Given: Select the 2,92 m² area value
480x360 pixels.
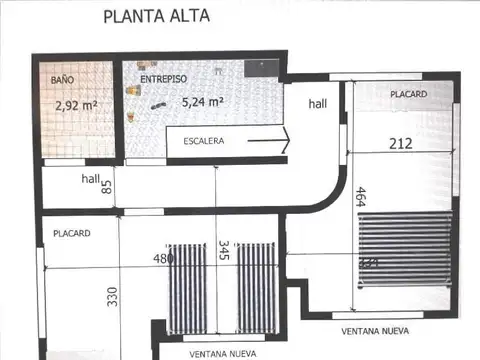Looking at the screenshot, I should (x=77, y=103).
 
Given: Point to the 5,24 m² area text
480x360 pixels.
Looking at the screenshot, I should (x=202, y=101).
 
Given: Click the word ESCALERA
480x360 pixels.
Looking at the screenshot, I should (x=203, y=141).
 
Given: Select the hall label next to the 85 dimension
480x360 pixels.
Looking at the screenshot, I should (x=91, y=179).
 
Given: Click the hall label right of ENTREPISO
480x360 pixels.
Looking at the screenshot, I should (x=317, y=104).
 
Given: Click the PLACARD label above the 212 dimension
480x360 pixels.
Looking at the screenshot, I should (x=408, y=95).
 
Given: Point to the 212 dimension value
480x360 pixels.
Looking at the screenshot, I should (x=402, y=143).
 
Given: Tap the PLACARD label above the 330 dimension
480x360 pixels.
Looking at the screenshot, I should (x=72, y=233).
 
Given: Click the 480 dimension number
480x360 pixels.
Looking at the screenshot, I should (x=163, y=258).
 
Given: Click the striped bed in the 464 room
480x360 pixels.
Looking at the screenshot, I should (x=405, y=250).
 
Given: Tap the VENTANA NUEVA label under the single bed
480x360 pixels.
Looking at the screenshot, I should (x=375, y=329).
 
